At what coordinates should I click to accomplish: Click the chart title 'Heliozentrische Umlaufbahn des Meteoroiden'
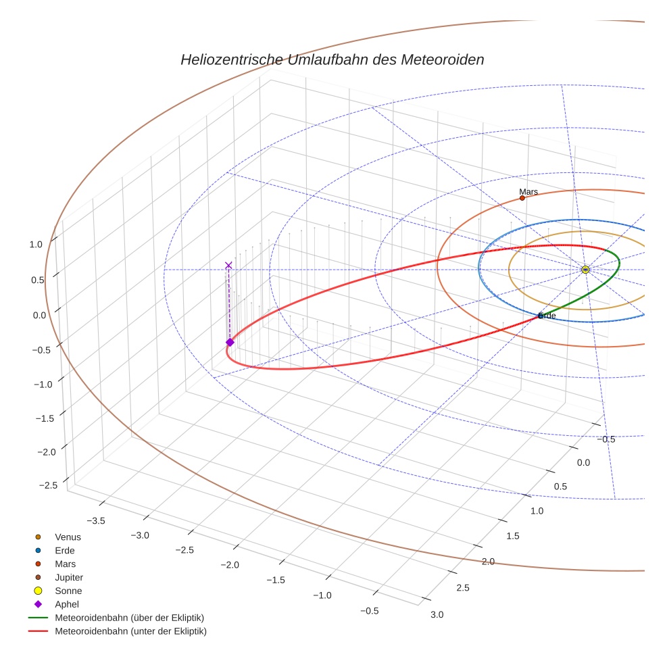point(332,59)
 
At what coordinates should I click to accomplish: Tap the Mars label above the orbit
point(528,192)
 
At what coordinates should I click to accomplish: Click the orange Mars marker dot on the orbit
point(522,198)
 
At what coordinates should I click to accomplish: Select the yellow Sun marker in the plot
point(585,270)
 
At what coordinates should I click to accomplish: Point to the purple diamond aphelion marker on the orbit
point(230,343)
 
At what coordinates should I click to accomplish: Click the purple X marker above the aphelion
point(228,265)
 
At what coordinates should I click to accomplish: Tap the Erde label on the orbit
point(547,316)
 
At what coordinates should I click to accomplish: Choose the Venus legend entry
point(68,537)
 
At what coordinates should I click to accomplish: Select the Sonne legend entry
point(68,591)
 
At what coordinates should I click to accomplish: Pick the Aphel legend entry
point(67,604)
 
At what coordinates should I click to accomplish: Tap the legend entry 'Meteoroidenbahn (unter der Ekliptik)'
point(130,631)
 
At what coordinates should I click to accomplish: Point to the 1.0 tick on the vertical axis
point(36,245)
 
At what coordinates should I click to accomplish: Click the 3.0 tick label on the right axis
point(437,614)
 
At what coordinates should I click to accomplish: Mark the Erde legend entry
point(66,550)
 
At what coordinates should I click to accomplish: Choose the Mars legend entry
point(65,564)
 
